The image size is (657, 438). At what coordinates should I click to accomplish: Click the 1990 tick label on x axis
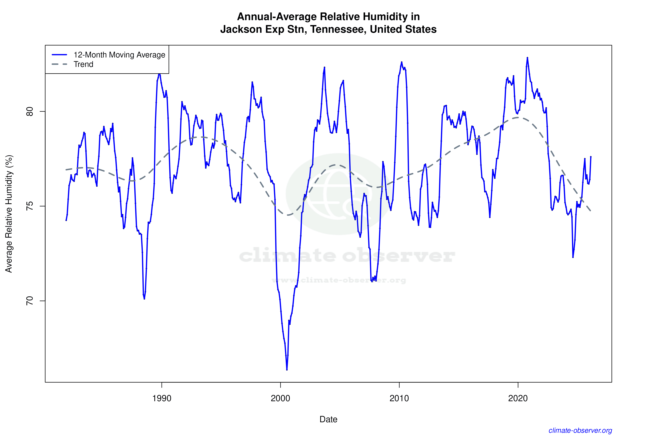[x=162, y=398]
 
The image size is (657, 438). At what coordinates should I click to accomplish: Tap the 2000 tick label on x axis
[x=280, y=398]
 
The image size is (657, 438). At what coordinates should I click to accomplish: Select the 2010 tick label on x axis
[x=399, y=398]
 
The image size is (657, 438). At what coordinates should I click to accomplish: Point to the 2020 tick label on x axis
[x=518, y=398]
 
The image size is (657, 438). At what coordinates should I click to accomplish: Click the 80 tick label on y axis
[x=29, y=111]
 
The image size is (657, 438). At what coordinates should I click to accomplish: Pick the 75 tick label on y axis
[x=29, y=206]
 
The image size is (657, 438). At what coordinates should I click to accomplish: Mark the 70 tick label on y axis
[x=29, y=301]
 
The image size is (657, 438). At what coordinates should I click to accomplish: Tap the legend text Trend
[x=83, y=64]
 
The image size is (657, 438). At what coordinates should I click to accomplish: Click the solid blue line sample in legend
[x=60, y=55]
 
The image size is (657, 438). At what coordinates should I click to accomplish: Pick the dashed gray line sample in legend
[x=60, y=64]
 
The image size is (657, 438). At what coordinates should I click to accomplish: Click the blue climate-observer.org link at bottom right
[x=580, y=430]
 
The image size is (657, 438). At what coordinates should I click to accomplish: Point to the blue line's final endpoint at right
[x=591, y=157]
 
